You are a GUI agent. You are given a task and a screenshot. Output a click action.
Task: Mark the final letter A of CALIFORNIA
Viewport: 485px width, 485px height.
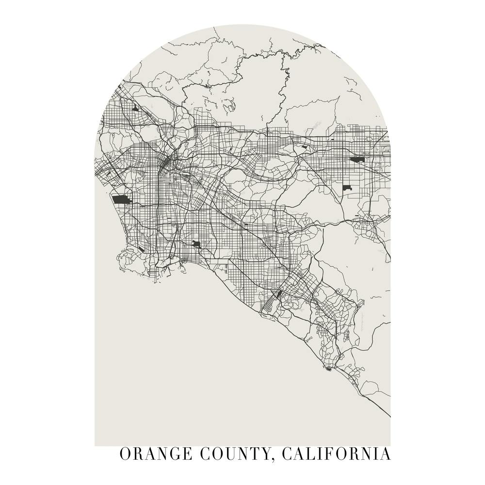(385, 454)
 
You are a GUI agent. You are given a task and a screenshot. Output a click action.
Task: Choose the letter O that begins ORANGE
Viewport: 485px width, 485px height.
(126, 454)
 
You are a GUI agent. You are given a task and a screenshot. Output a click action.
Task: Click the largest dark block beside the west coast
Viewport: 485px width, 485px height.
(119, 199)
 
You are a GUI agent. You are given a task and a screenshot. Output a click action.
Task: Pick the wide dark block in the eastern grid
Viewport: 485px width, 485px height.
(358, 159)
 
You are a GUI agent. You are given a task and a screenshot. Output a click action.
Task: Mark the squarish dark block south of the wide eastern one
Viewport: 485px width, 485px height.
(347, 187)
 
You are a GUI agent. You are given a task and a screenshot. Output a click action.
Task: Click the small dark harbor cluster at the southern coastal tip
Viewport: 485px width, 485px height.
(329, 369)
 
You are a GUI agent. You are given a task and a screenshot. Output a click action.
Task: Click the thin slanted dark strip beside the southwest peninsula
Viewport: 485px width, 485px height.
(141, 249)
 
